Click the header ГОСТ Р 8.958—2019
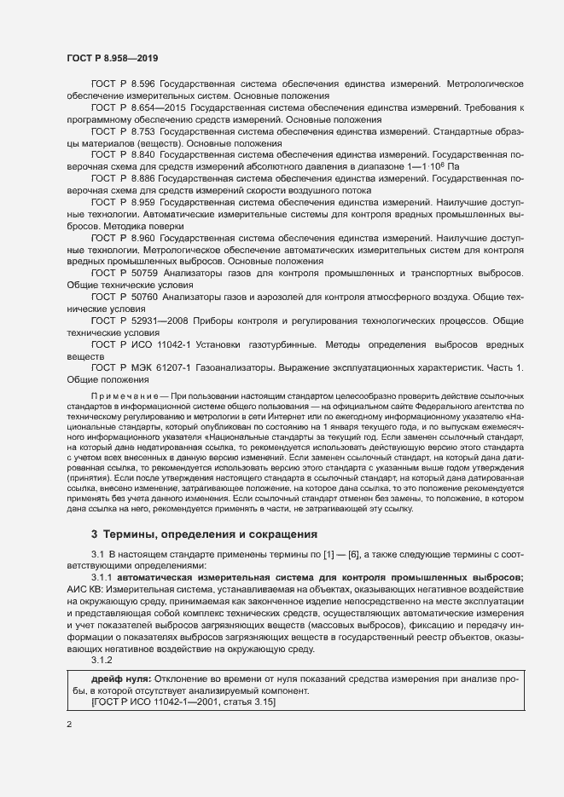[111, 58]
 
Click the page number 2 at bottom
[69, 725]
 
